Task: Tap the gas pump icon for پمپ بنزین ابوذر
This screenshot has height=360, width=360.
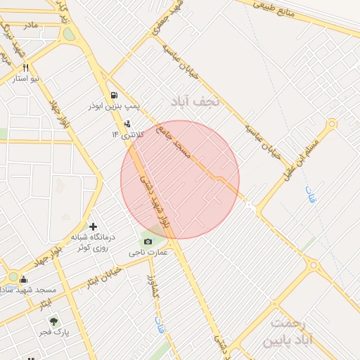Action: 113,95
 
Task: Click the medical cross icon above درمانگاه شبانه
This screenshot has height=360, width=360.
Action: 93,226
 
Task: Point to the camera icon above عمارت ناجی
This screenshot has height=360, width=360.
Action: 148,242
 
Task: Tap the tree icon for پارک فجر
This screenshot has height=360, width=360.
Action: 53,321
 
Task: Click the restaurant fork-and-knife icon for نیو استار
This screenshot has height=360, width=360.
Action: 26,68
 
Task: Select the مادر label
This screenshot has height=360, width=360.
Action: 30,25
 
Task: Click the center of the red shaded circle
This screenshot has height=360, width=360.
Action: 180,179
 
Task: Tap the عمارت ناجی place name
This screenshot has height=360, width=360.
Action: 148,252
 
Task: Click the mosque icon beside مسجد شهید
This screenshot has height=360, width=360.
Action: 23,279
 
